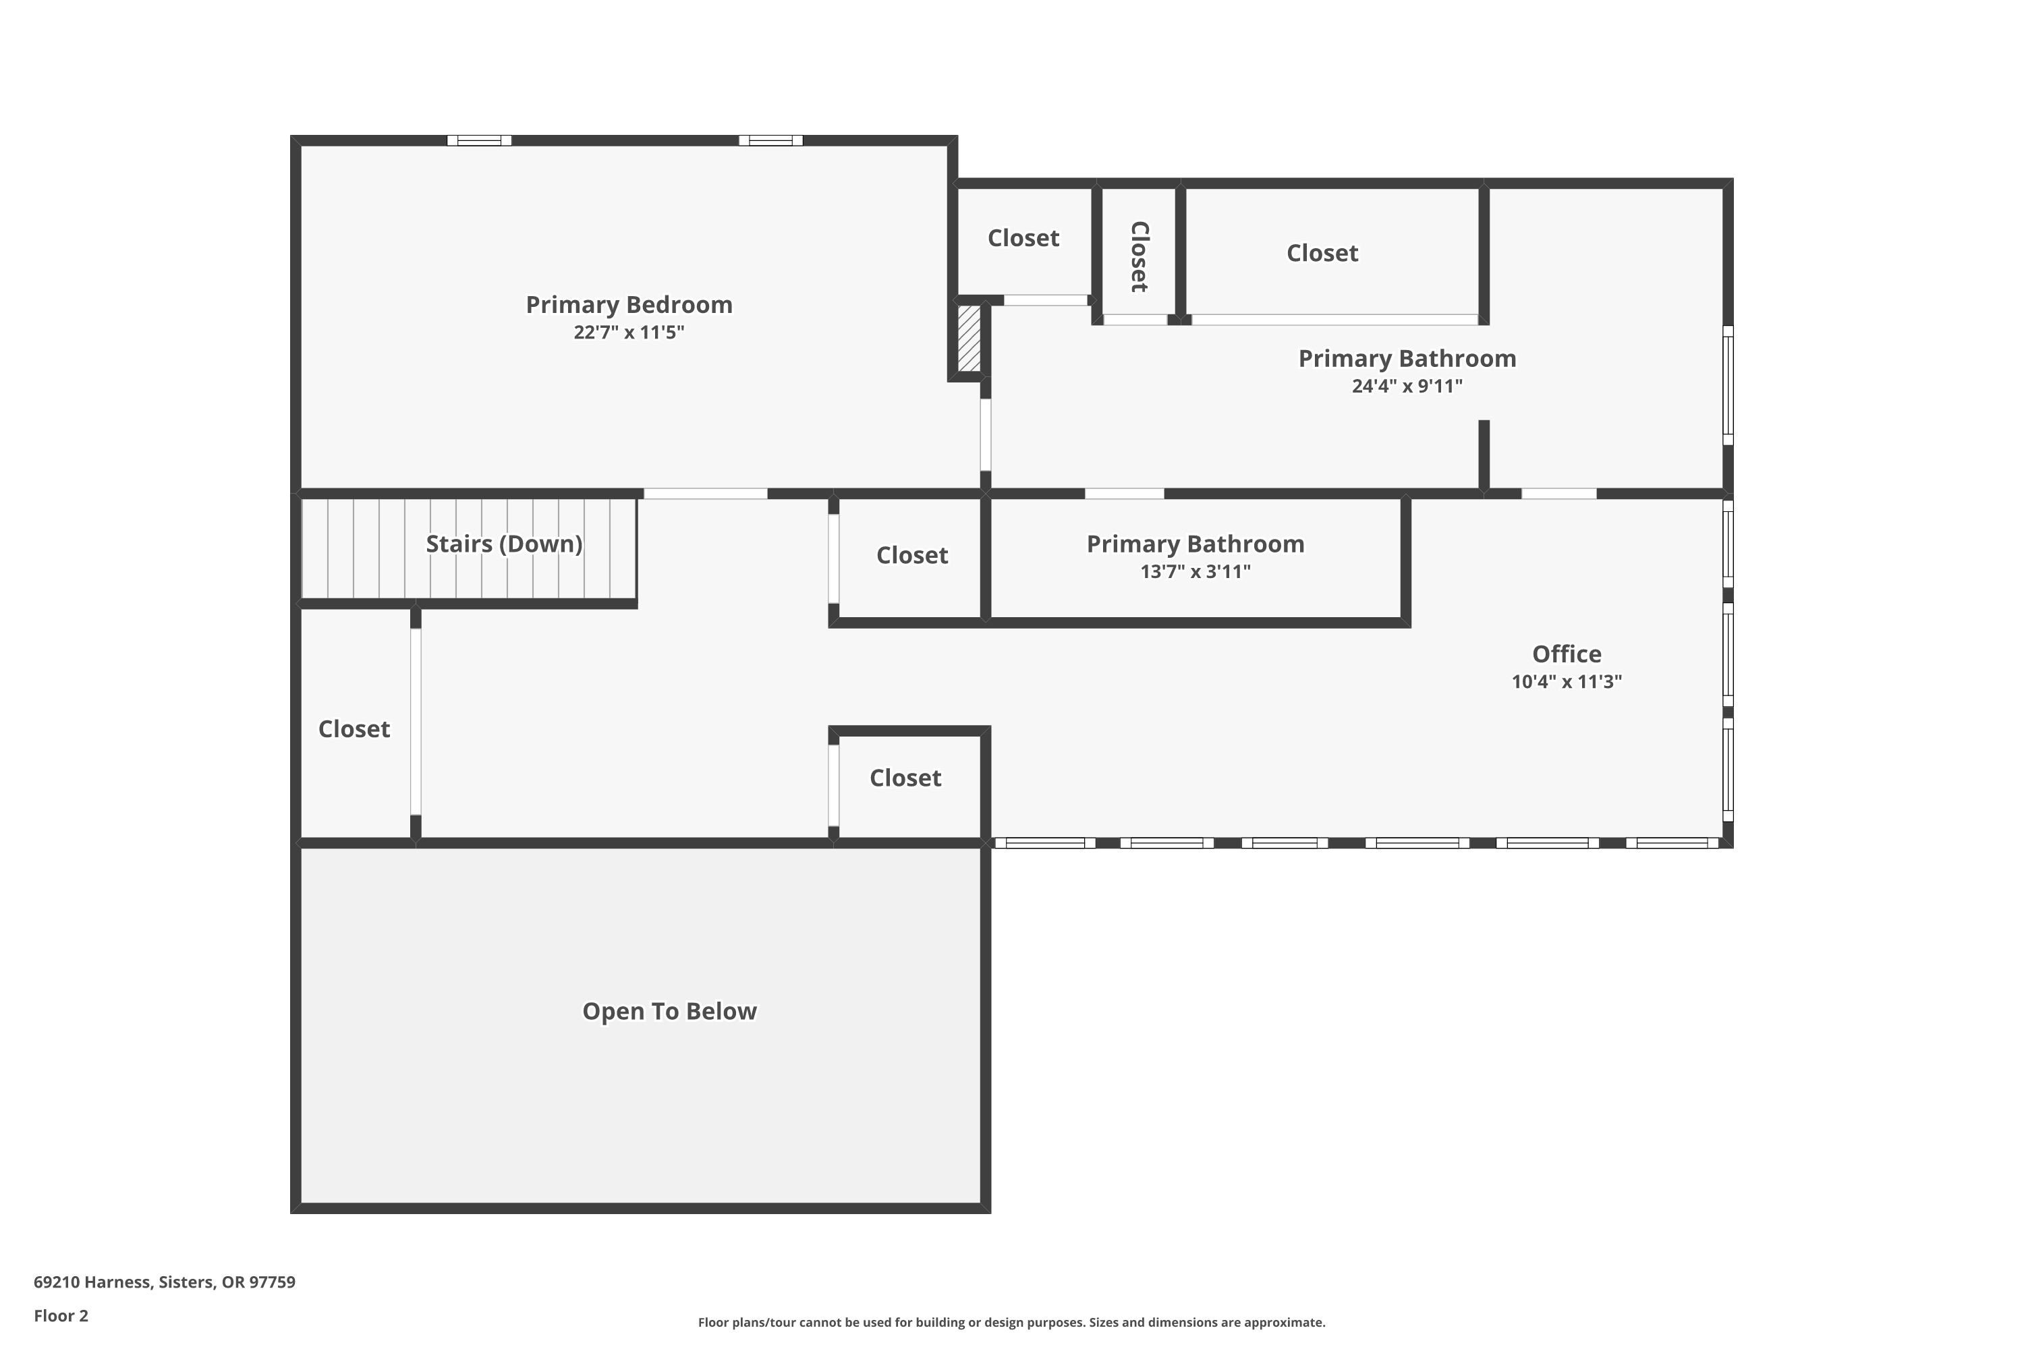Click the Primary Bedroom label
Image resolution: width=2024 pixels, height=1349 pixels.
coord(629,305)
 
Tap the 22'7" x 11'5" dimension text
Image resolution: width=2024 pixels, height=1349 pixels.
coord(629,332)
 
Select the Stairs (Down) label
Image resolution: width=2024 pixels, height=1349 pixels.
coord(504,544)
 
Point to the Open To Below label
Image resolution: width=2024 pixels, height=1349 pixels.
coord(669,1011)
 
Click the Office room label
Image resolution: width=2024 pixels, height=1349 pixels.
coord(1567,654)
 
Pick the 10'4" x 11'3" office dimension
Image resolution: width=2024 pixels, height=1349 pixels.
coord(1567,681)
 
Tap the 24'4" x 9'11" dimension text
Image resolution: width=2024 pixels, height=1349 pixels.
coord(1407,385)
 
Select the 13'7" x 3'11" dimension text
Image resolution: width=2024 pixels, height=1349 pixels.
coord(1196,571)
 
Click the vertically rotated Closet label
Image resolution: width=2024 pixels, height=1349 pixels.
coord(1140,256)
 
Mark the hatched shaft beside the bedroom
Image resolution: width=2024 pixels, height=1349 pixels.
coord(969,338)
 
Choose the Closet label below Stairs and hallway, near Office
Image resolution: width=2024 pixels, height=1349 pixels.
coord(905,778)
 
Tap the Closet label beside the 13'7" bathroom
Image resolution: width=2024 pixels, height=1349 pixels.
coord(912,555)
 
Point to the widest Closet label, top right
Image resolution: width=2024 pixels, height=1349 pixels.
coord(1322,253)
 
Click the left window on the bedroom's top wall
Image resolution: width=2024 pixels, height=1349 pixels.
coord(479,140)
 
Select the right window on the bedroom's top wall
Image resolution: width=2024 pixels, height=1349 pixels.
coord(771,140)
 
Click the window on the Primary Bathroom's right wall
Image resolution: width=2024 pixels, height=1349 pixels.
coord(1727,385)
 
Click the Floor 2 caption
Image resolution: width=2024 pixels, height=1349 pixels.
coord(61,1315)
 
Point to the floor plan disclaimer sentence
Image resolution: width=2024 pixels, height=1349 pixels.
coord(1012,1322)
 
